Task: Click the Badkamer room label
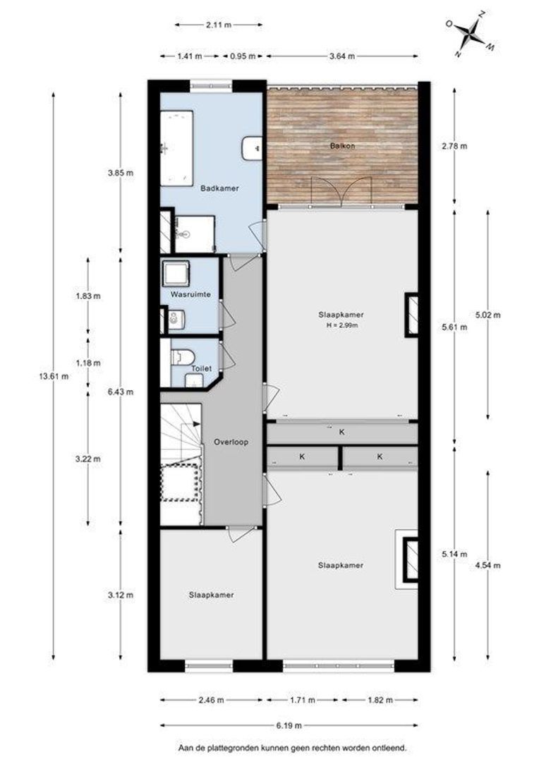[x=219, y=188]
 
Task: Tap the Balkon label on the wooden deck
[x=342, y=145]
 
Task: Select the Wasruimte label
[x=190, y=294]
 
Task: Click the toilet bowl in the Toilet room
[x=183, y=357]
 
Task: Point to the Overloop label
[x=231, y=442]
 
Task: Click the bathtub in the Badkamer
[x=177, y=147]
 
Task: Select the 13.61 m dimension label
[x=54, y=375]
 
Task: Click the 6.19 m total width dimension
[x=289, y=725]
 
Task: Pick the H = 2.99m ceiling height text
[x=341, y=325]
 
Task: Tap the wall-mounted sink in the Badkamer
[x=253, y=147]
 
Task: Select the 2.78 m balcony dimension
[x=455, y=146]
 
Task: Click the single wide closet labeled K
[x=342, y=432]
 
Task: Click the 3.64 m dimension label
[x=342, y=56]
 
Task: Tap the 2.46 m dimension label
[x=212, y=701]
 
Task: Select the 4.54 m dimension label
[x=488, y=565]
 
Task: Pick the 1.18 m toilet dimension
[x=88, y=363]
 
